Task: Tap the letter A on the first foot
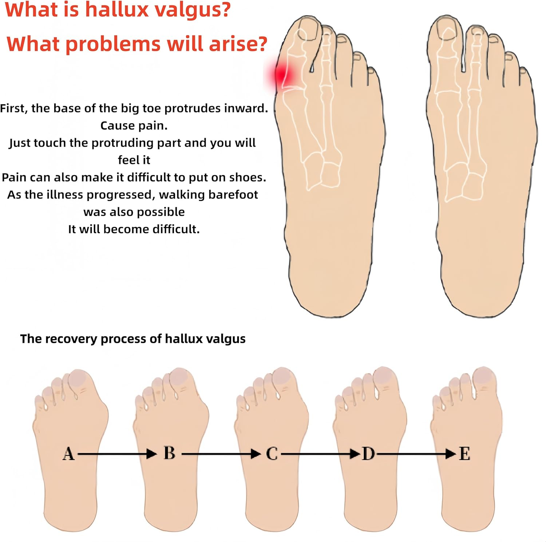pyautogui.click(x=68, y=454)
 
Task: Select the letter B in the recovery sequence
pyautogui.click(x=169, y=453)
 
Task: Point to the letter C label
pyautogui.click(x=272, y=454)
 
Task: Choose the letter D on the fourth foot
pyautogui.click(x=368, y=454)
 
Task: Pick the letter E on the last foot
pyautogui.click(x=464, y=454)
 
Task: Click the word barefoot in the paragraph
pyautogui.click(x=233, y=194)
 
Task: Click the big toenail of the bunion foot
pyautogui.click(x=308, y=29)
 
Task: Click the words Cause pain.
pyautogui.click(x=134, y=126)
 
